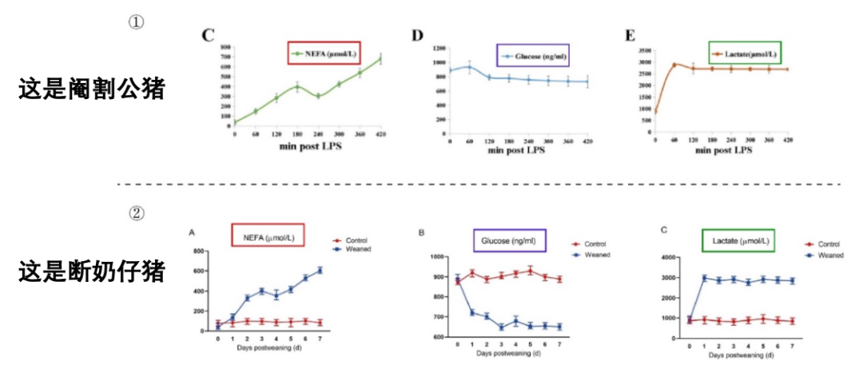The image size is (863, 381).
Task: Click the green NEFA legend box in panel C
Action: point(324,53)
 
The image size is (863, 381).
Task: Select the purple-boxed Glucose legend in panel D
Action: point(532,56)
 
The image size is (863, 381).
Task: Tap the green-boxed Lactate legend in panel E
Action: point(743,54)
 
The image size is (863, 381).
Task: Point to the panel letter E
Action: point(630,36)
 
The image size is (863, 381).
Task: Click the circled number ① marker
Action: point(136,22)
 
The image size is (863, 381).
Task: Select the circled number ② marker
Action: point(136,213)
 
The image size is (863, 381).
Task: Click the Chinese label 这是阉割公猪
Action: point(91,89)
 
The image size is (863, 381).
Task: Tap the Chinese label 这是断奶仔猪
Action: point(91,272)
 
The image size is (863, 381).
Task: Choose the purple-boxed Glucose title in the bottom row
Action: point(508,240)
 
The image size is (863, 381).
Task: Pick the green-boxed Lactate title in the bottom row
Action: point(738,240)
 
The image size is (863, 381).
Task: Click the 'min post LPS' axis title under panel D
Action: point(519,149)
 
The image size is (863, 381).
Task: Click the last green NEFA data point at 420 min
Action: point(381,58)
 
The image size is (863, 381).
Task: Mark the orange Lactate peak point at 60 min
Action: point(674,65)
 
